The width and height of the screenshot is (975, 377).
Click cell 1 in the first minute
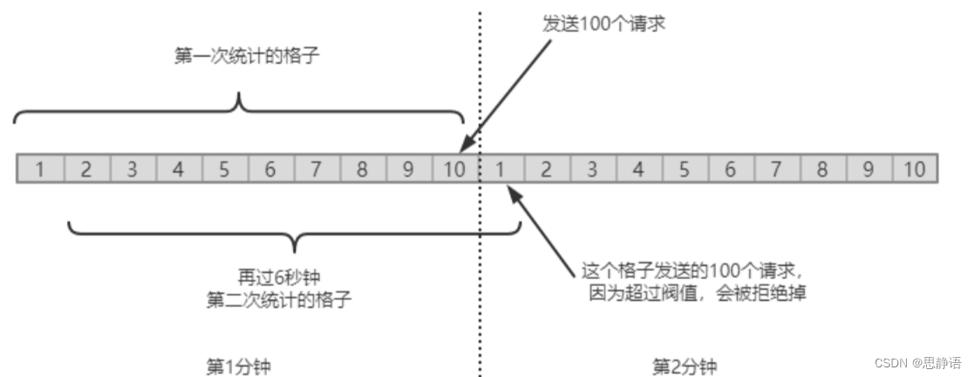pos(40,169)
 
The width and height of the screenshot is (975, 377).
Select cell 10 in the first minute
pos(454,169)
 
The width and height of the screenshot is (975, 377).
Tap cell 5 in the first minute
pos(224,169)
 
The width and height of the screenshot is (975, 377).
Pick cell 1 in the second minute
pos(501,169)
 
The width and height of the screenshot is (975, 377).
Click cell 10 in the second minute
pos(914,169)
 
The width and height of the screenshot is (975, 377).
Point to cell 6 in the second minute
pos(730,169)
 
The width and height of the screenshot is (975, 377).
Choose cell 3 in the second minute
pos(592,169)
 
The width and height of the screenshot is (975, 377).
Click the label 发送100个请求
pos(604,23)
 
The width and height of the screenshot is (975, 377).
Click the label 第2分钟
pos(685,365)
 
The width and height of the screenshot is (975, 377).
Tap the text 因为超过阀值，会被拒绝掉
pos(696,292)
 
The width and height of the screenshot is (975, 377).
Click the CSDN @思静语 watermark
pos(918,362)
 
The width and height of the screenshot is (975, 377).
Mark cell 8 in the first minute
pos(362,169)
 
